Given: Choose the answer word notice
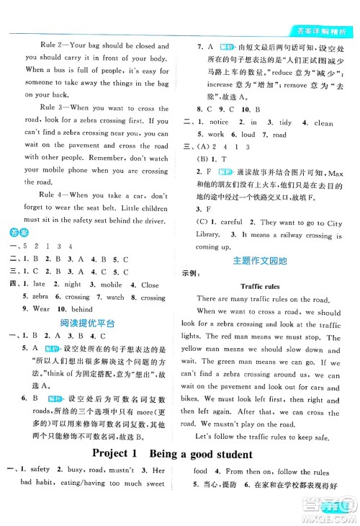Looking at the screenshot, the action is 218,122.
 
